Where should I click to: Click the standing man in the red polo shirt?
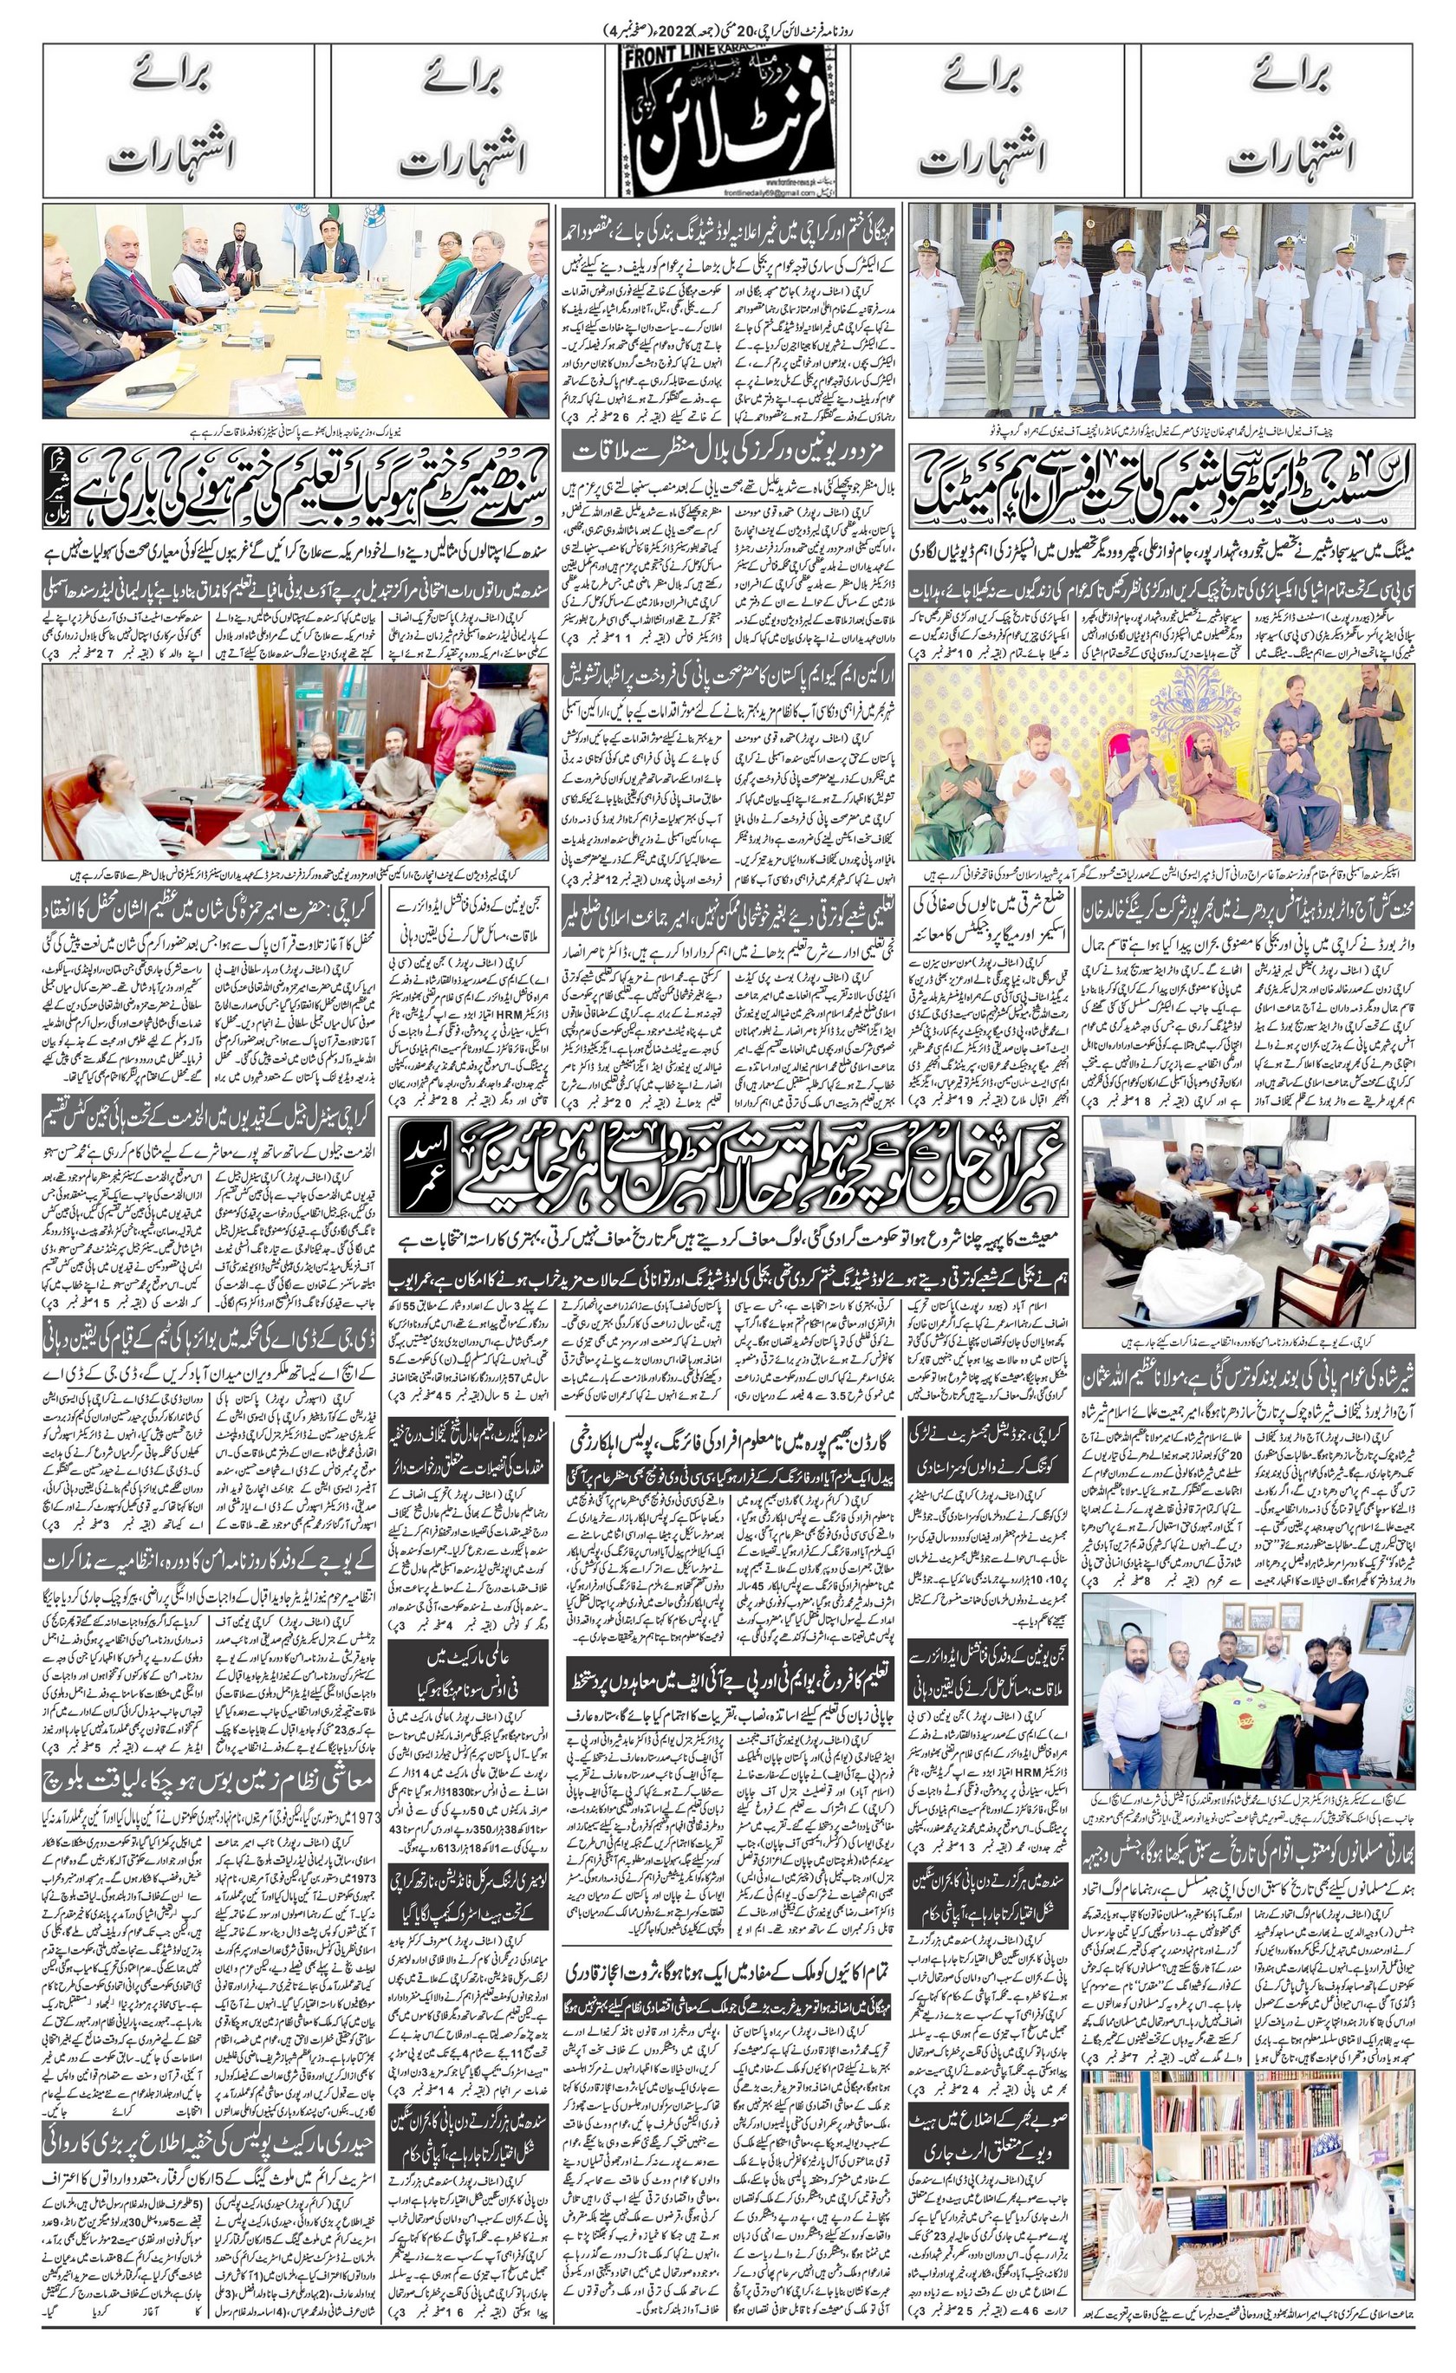click(452, 742)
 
